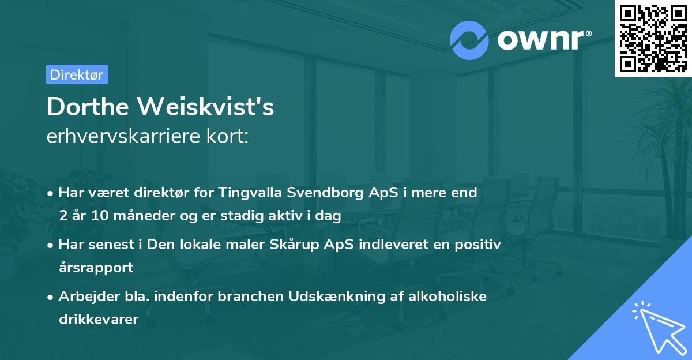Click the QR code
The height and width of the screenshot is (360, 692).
click(x=653, y=38)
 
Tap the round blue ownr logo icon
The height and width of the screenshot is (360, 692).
click(x=469, y=40)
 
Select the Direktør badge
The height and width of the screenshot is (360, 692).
click(x=77, y=74)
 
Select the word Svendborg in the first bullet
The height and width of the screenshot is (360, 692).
click(x=329, y=193)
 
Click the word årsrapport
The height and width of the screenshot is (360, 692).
click(x=96, y=268)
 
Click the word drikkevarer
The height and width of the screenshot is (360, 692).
click(x=99, y=320)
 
